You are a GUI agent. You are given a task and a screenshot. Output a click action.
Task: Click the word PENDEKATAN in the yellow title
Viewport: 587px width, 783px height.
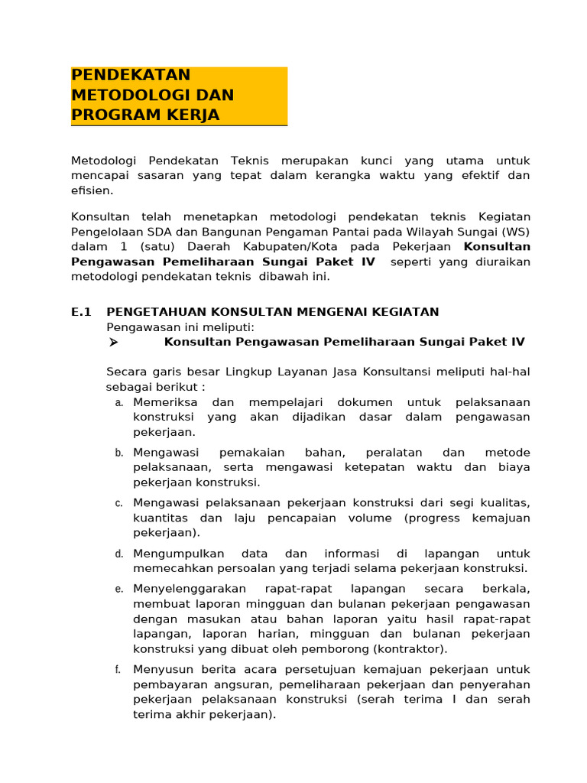131,75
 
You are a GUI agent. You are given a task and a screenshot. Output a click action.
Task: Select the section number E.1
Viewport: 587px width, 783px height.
81,311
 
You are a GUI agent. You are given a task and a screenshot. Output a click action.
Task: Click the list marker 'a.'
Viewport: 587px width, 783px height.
119,402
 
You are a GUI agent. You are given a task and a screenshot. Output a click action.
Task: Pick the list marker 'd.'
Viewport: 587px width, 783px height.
119,554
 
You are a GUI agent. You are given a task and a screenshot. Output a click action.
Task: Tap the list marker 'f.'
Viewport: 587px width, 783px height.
118,670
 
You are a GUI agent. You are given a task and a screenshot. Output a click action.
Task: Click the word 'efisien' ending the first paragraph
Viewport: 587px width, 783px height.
92,190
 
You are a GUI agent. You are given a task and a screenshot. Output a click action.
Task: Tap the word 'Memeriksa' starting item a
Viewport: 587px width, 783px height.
165,402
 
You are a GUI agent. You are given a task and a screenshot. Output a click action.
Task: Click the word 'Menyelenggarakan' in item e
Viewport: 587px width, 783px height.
190,589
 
